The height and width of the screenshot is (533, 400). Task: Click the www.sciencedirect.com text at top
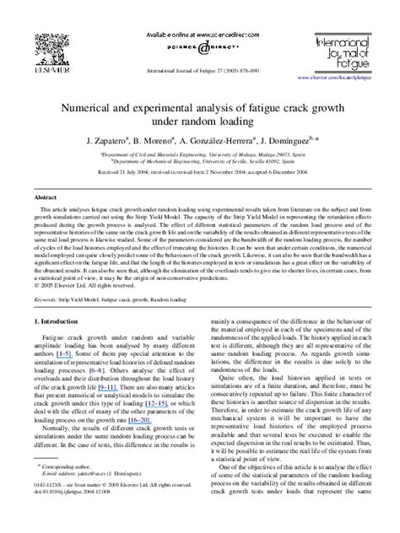point(200,14)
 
